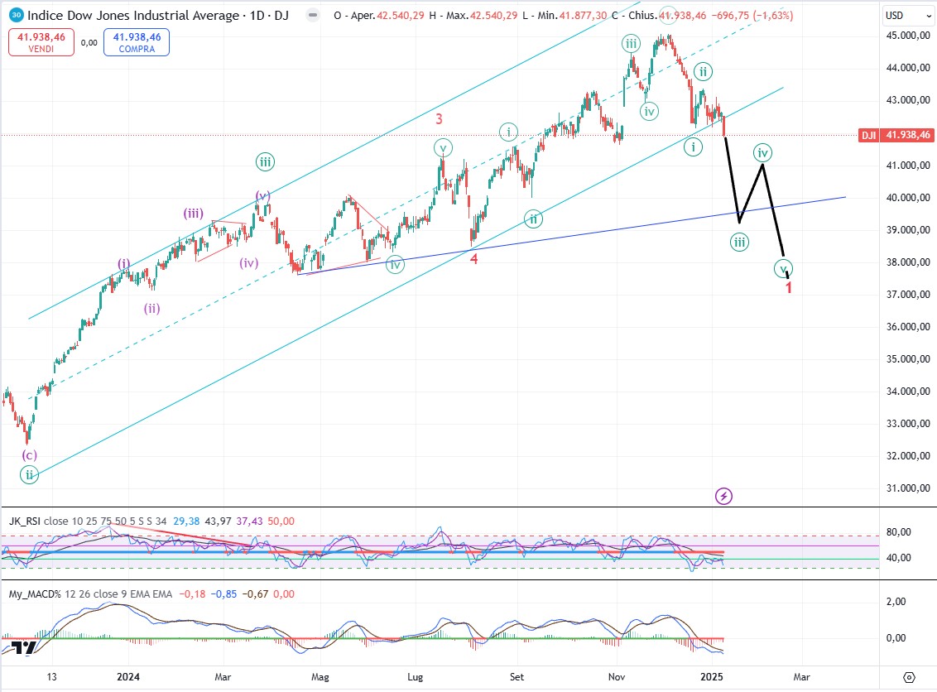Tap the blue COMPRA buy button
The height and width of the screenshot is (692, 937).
point(136,42)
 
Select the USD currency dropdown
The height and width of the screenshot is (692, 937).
point(896,15)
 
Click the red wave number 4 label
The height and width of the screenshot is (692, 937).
point(474,258)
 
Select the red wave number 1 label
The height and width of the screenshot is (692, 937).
point(789,288)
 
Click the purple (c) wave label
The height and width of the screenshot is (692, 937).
point(30,454)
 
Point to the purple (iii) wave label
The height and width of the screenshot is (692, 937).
point(194,213)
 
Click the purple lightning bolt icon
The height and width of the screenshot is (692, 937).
point(724,496)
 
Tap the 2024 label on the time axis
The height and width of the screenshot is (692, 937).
point(129,676)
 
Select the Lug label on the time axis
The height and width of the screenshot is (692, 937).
point(416,676)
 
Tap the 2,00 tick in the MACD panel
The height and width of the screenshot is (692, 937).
point(896,602)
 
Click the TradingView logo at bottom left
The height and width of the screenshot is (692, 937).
point(24,649)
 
